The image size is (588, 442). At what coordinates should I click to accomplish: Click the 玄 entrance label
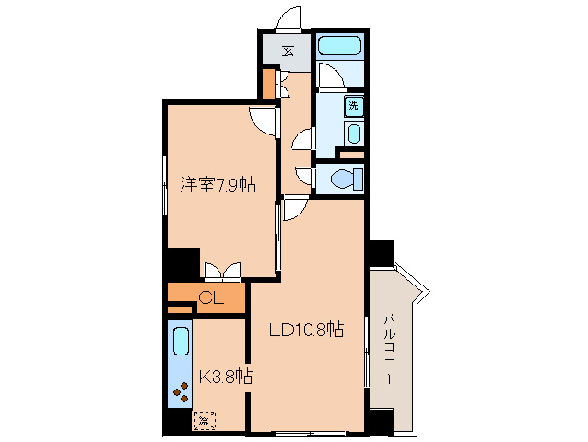288,51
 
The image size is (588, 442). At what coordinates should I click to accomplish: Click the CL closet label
211,297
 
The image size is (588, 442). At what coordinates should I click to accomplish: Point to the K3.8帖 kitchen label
227,376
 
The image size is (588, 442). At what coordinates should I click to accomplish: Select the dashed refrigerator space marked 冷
203,420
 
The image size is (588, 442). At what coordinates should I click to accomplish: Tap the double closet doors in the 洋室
222,271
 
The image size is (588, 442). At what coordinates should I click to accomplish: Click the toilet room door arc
304,174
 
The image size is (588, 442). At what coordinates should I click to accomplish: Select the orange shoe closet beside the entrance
267,83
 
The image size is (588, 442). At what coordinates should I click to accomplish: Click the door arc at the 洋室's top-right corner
265,120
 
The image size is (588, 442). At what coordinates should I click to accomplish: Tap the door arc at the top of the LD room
295,209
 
